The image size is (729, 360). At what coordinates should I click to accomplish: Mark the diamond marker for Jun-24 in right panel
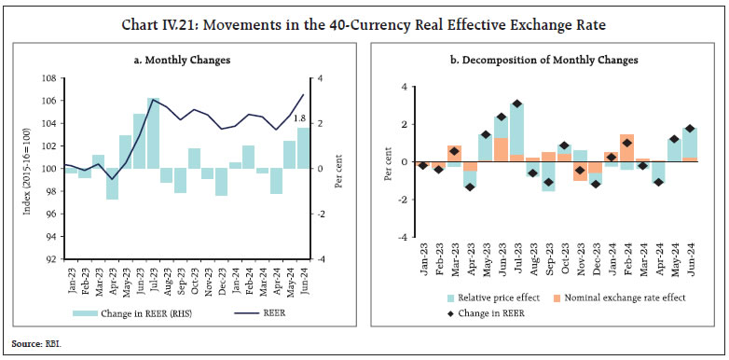point(691,129)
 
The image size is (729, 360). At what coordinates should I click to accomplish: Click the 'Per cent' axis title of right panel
point(388,162)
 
